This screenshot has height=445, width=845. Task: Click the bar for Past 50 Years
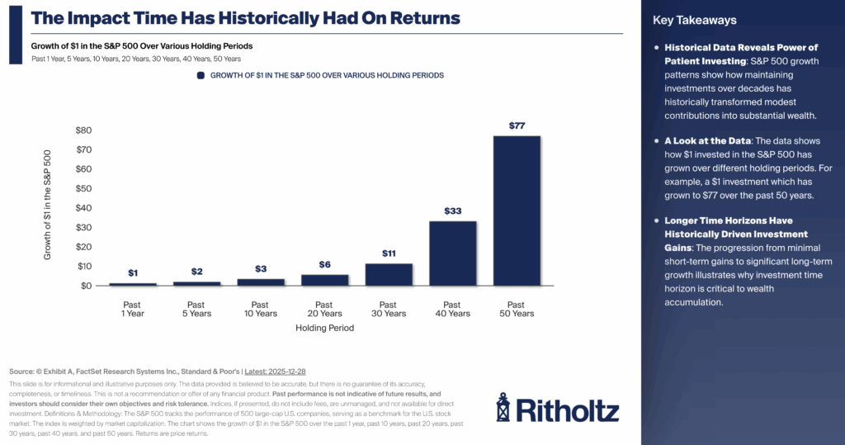pyautogui.click(x=517, y=211)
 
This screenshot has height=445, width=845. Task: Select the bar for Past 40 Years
pyautogui.click(x=452, y=253)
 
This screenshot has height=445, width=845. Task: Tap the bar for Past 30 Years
pyautogui.click(x=389, y=274)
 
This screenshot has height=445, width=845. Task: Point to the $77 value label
pyautogui.click(x=517, y=125)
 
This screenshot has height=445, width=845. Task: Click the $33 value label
pyautogui.click(x=452, y=211)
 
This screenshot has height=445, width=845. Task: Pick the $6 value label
pyautogui.click(x=324, y=264)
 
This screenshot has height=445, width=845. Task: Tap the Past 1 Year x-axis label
pyautogui.click(x=133, y=309)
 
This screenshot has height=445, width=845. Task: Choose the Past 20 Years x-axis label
pyautogui.click(x=324, y=309)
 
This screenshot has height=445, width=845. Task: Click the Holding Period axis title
pyautogui.click(x=324, y=328)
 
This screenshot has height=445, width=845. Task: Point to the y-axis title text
pyautogui.click(x=48, y=205)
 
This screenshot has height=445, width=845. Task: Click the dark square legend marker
pyautogui.click(x=201, y=75)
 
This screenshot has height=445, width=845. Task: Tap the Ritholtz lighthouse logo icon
pyautogui.click(x=503, y=407)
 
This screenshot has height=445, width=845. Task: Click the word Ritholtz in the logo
pyautogui.click(x=569, y=409)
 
